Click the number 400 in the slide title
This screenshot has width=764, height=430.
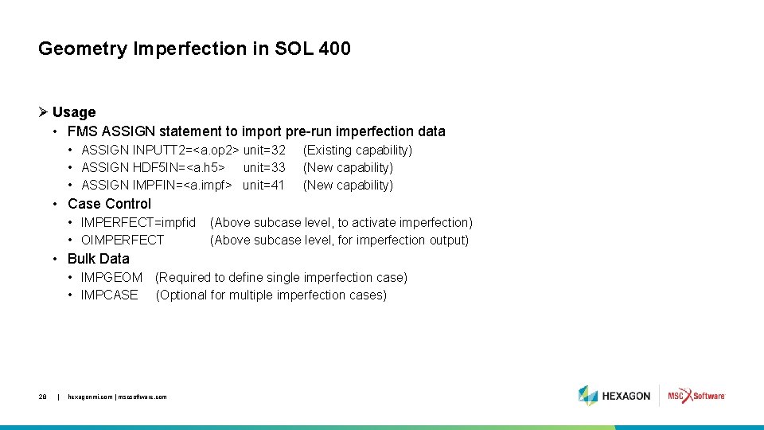tap(334, 49)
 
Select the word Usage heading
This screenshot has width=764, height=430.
tap(74, 112)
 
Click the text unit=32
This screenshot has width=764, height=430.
tap(264, 150)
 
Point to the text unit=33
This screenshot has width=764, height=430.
tap(264, 167)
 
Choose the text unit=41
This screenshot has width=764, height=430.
tap(263, 185)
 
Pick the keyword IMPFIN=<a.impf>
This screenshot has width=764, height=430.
tap(182, 185)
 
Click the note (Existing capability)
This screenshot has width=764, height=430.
tap(357, 150)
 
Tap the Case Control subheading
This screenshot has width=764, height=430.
tap(109, 203)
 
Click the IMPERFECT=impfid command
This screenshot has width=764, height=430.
tap(138, 222)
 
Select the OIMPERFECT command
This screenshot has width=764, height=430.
tap(123, 240)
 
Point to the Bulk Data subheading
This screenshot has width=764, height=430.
tap(98, 258)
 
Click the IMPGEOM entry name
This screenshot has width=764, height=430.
tap(111, 277)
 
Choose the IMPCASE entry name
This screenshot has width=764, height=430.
tap(109, 295)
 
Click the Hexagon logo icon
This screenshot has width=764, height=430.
tap(588, 396)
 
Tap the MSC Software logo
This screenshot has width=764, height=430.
tap(696, 396)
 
